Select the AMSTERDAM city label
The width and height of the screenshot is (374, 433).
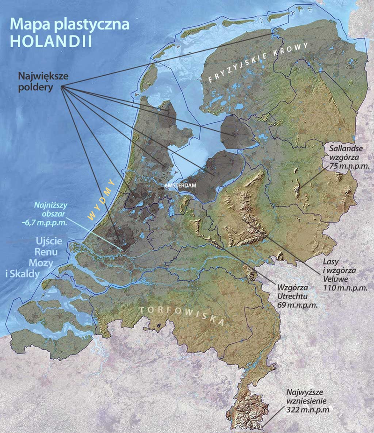[x=179, y=185]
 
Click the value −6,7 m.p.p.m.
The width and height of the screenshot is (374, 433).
[x=49, y=222]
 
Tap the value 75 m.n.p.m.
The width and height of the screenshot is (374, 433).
[x=346, y=165]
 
